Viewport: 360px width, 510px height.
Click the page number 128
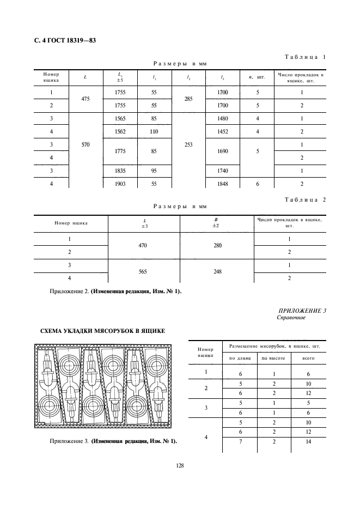(x=180, y=465)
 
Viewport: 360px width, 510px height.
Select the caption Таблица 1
(x=305, y=57)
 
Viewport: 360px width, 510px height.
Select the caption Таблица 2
(x=305, y=199)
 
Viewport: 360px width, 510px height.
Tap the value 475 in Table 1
(x=85, y=99)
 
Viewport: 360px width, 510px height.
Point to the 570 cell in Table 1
(x=85, y=145)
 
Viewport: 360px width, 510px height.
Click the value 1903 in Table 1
(x=120, y=184)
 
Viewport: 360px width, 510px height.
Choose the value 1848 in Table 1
(x=222, y=184)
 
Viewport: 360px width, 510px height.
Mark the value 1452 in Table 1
(x=222, y=131)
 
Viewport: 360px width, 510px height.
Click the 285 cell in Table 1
(x=188, y=99)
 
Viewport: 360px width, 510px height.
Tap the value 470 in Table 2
(x=144, y=246)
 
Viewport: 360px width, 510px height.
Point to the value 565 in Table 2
(x=144, y=271)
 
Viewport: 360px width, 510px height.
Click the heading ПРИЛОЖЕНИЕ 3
(x=302, y=311)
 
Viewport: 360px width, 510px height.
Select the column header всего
(x=308, y=358)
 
